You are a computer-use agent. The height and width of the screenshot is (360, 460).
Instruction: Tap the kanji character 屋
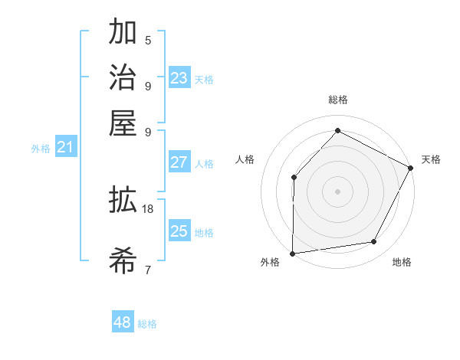click(123, 123)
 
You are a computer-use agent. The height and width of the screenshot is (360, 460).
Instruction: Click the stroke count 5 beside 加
click(148, 40)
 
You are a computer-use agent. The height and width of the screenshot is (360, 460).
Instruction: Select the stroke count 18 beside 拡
click(148, 208)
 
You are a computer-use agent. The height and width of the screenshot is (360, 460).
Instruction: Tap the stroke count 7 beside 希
click(148, 269)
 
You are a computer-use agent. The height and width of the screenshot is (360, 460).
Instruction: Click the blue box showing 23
click(179, 77)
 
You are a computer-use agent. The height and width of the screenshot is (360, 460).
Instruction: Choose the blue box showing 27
click(179, 162)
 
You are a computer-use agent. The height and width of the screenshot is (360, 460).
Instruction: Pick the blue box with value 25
click(179, 231)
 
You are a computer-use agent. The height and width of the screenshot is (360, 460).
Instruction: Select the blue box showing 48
click(123, 322)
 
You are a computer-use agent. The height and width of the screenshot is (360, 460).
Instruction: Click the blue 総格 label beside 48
click(147, 324)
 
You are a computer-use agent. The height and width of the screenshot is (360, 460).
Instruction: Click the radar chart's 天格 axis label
click(431, 159)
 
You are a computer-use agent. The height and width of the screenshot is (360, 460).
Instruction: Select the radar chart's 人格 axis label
click(245, 159)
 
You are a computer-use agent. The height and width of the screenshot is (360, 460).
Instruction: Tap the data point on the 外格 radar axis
click(292, 254)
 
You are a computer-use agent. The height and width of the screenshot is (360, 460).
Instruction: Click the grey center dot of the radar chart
click(337, 191)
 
